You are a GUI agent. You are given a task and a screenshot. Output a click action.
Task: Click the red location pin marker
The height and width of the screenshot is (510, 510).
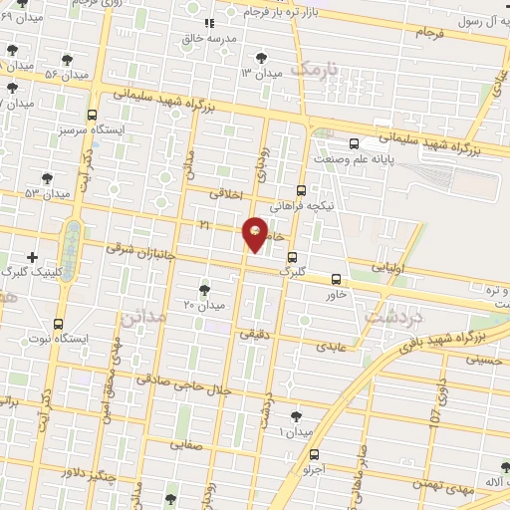256,234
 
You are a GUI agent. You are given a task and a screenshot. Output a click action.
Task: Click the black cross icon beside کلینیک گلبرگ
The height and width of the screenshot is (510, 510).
33,257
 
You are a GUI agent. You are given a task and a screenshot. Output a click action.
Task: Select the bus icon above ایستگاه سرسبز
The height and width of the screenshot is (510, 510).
93,116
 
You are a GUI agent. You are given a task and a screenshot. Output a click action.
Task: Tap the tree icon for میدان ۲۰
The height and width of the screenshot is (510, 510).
204,290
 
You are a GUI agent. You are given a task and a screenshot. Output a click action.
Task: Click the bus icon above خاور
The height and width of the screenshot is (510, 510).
336,280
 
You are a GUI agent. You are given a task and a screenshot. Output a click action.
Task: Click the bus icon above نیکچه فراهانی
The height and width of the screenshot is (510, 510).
302,189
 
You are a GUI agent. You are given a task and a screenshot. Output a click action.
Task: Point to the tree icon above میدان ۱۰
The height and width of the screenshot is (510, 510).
296,416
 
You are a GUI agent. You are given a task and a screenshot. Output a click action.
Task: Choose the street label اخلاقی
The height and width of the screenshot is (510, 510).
227,194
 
